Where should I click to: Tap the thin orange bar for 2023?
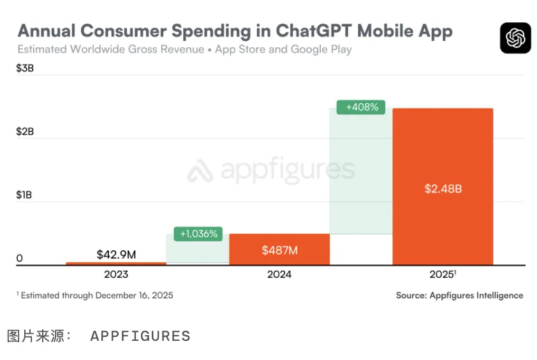(116, 263)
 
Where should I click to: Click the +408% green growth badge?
(362, 107)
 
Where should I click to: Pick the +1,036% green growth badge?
(198, 234)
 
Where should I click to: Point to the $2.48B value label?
(443, 189)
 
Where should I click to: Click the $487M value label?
(279, 250)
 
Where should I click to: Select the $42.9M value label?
(116, 254)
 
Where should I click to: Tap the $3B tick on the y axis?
(25, 69)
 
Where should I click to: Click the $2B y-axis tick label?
(25, 131)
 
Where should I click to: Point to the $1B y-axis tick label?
(24, 195)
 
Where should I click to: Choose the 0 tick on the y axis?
(20, 258)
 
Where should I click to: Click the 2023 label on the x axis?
(116, 274)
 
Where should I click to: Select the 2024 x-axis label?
(279, 274)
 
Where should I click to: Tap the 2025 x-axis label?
(442, 274)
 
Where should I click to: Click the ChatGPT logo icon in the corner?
(515, 38)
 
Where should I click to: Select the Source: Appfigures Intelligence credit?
(459, 296)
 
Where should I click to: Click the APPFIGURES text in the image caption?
(140, 336)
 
